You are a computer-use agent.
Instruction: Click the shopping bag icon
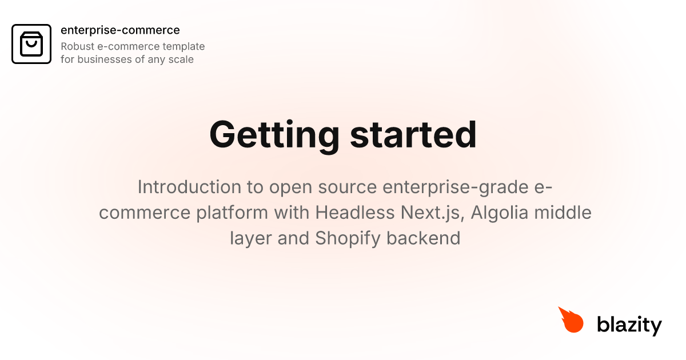coord(31,43)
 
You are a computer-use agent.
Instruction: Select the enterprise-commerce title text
coord(120,30)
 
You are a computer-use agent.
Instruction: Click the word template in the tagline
coord(184,46)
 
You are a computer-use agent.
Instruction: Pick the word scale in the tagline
coord(181,59)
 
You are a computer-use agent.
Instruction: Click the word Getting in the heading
coord(274,134)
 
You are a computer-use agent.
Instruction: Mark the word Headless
coord(352,213)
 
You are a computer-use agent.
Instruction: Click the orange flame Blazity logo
coord(571,320)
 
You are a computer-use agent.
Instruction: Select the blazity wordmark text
coord(629,325)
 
